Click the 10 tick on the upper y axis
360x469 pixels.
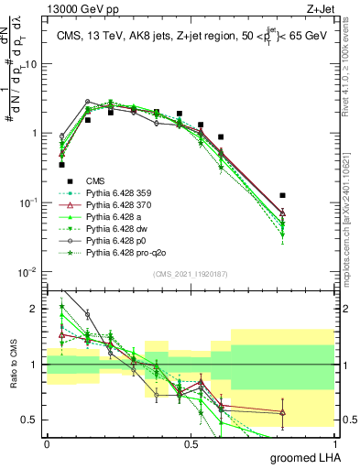[32, 64]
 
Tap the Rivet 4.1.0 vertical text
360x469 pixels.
[352, 60]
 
